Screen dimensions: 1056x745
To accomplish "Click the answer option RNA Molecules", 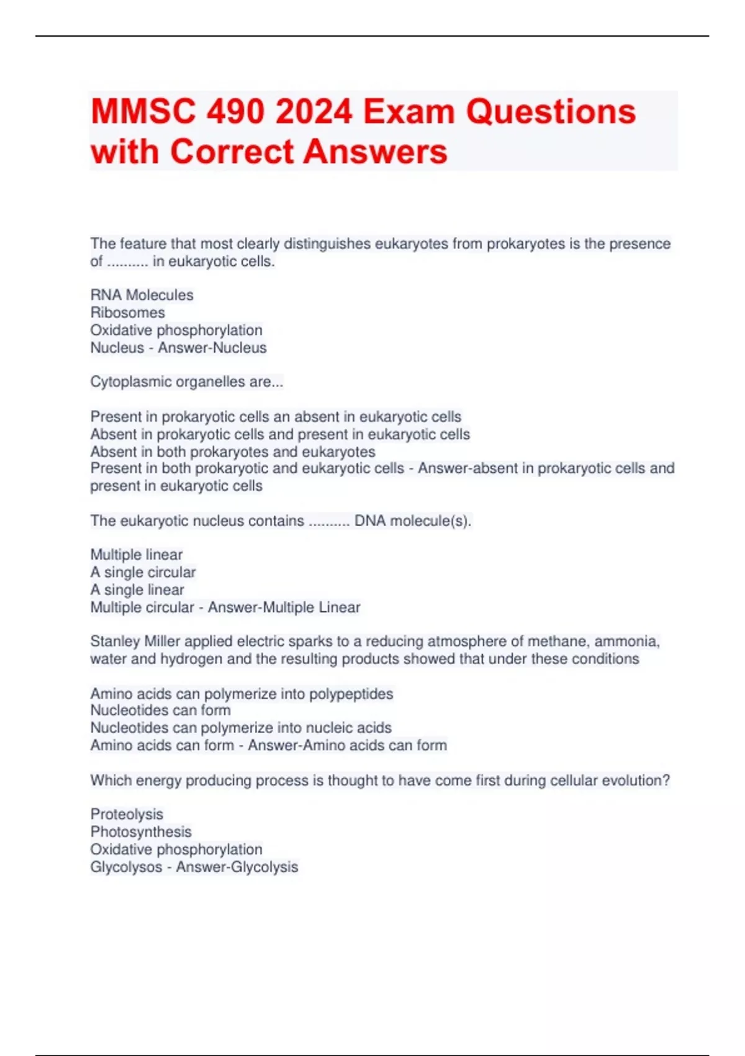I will pos(142,295).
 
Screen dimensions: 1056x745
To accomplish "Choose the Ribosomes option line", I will pos(127,312).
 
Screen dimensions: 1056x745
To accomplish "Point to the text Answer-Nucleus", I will pos(212,348).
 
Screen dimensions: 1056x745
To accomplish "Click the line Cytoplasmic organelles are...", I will pos(186,382).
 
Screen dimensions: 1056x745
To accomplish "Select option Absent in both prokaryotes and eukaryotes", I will pos(233,452).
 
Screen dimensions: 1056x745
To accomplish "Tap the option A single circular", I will pos(143,572).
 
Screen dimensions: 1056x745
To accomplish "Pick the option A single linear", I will pos(137,589).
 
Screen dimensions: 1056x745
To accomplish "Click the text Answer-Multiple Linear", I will pos(284,607).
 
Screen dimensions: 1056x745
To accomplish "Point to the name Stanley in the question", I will pos(115,641).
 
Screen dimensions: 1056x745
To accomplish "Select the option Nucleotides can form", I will pos(160,710).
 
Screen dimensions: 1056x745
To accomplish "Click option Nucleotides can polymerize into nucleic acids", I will pos(241,727).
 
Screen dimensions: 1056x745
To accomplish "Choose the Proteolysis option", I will pos(127,814).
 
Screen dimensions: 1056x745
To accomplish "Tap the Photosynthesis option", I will pos(141,832).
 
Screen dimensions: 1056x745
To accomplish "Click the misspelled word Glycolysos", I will pos(126,867).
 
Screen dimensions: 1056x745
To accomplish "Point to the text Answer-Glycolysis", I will pos(237,867).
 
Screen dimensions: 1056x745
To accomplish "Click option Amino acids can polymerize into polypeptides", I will pos(242,693).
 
